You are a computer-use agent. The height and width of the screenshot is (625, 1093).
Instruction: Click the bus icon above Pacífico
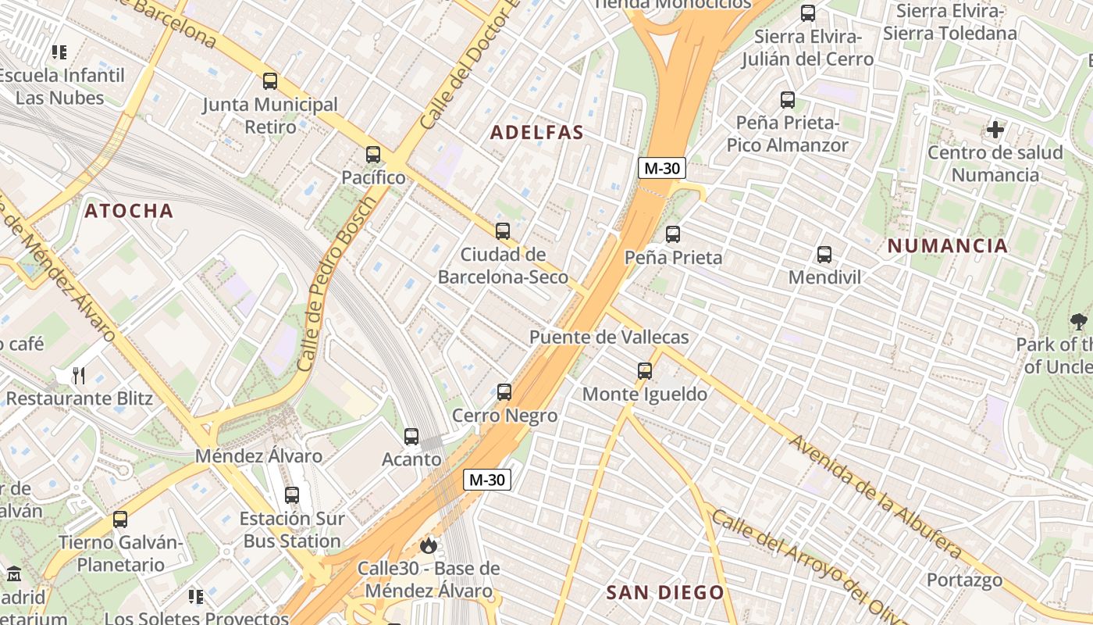click(x=373, y=155)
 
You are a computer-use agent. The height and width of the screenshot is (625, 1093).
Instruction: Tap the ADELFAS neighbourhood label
click(x=537, y=133)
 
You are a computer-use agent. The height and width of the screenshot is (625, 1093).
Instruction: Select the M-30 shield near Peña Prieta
click(x=661, y=168)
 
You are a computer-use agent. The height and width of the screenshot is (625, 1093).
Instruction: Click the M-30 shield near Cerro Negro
click(x=488, y=480)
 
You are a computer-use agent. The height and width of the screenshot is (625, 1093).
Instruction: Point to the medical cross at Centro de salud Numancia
click(x=995, y=130)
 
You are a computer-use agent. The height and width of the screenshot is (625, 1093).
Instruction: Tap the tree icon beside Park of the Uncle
click(x=1078, y=321)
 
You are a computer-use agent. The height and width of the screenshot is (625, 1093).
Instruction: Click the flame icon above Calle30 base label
click(x=428, y=545)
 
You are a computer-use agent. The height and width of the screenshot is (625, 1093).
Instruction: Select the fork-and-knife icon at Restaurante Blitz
click(x=78, y=376)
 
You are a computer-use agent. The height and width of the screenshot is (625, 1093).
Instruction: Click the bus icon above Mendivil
click(x=824, y=255)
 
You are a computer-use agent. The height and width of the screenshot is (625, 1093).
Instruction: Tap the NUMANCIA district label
click(x=948, y=246)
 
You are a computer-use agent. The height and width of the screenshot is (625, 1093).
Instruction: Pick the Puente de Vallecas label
click(x=609, y=337)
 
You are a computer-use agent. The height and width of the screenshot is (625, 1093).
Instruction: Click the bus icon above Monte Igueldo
click(x=645, y=371)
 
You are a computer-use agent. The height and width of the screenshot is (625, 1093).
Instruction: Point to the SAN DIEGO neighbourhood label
click(x=665, y=592)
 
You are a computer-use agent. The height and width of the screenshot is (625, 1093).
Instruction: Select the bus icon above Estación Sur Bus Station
click(x=292, y=495)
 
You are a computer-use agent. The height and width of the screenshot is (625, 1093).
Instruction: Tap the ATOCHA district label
click(x=129, y=211)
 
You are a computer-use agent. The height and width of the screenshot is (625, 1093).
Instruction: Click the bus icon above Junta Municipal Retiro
click(x=270, y=81)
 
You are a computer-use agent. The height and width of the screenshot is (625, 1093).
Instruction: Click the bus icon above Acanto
click(x=411, y=437)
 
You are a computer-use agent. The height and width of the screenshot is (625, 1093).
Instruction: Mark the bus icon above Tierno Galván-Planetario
click(x=120, y=520)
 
